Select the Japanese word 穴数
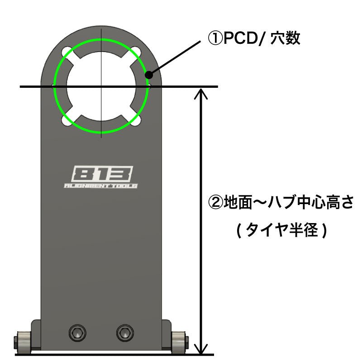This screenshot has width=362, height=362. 286,38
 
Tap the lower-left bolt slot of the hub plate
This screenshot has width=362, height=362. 67,120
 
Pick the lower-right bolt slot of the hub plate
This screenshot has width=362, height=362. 137,120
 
